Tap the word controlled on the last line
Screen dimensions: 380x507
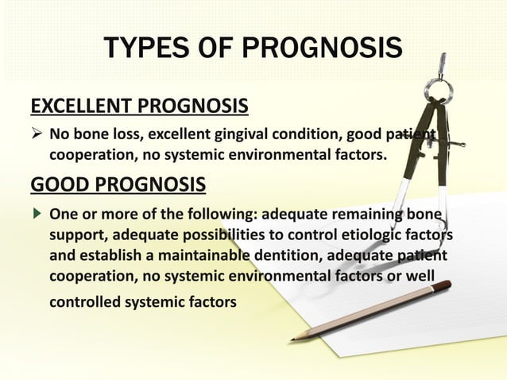click(88, 302)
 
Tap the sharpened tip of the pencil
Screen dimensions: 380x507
click(292, 339)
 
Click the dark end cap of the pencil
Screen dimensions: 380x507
click(447, 284)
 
